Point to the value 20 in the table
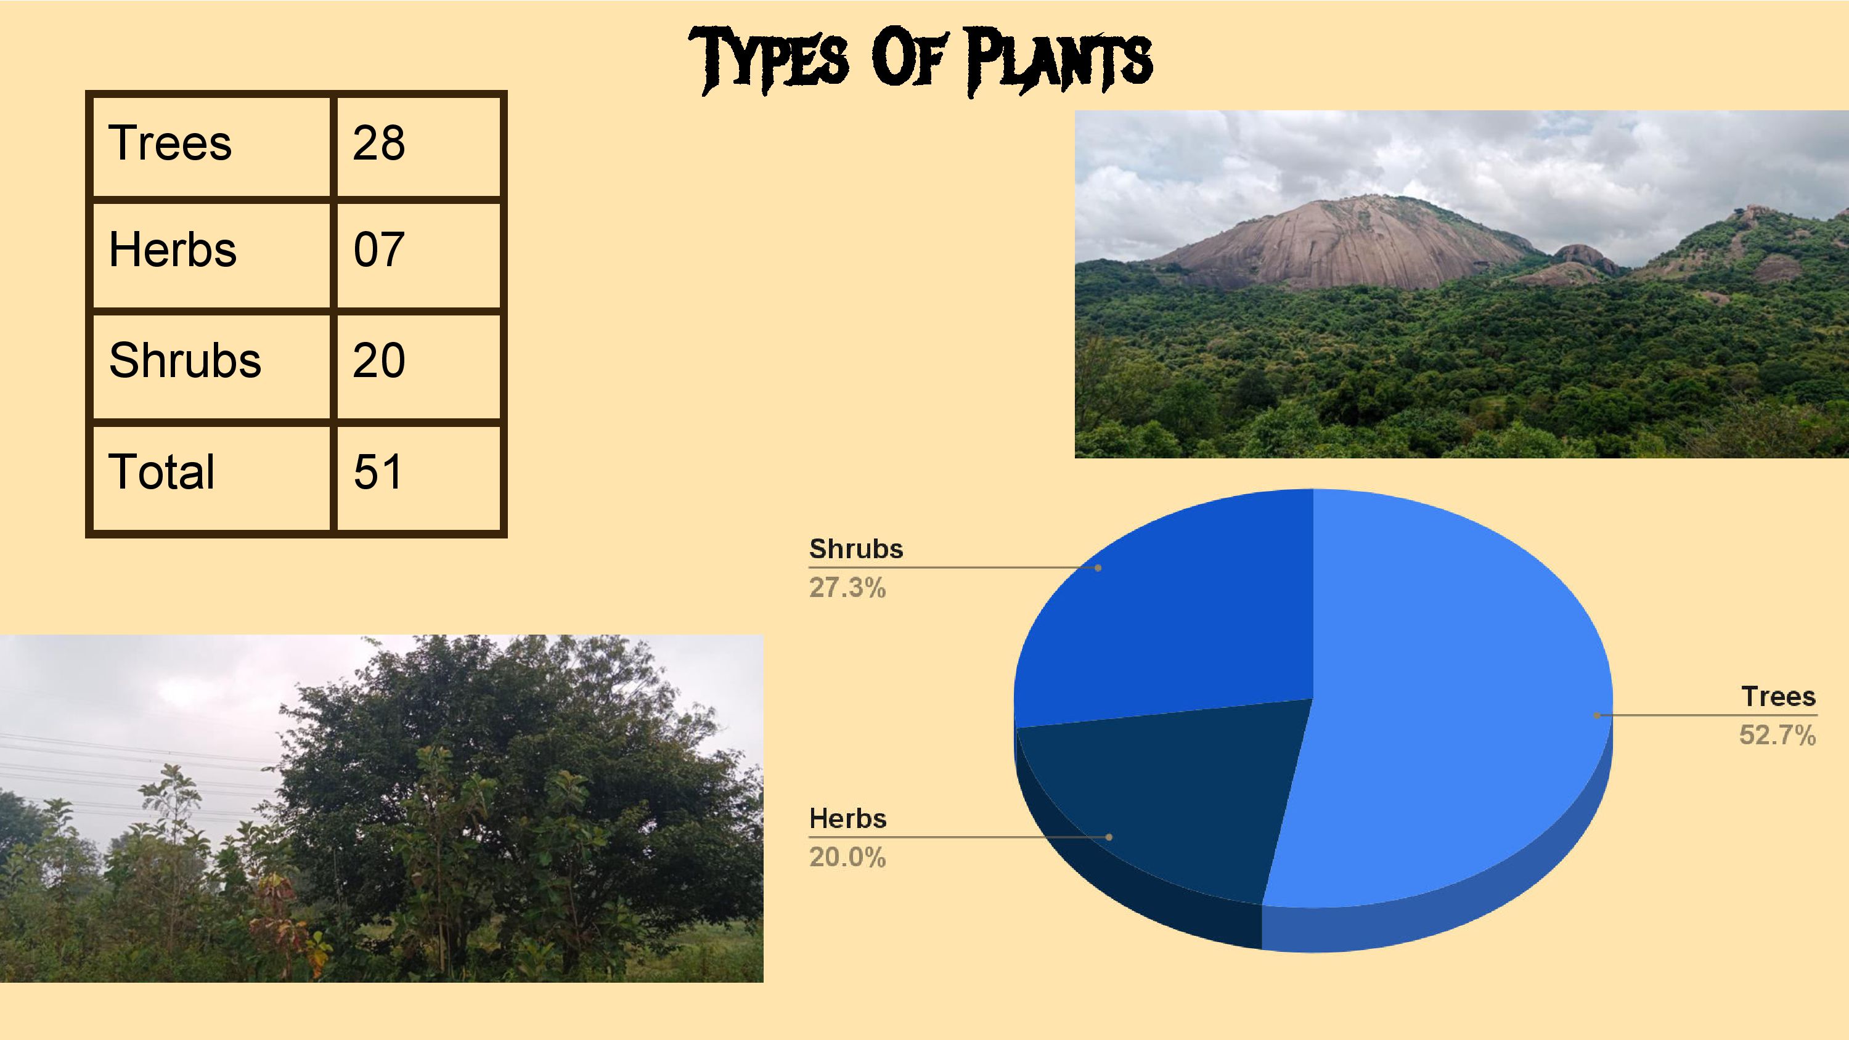(x=379, y=360)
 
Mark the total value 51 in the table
(x=378, y=473)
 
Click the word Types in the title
(x=769, y=60)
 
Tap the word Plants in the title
(x=1058, y=60)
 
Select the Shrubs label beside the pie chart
(x=855, y=549)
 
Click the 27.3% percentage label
(x=847, y=588)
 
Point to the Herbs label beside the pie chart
(x=847, y=819)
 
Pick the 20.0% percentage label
(x=847, y=858)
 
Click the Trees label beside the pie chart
(x=1778, y=697)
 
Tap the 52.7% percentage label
(x=1778, y=736)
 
